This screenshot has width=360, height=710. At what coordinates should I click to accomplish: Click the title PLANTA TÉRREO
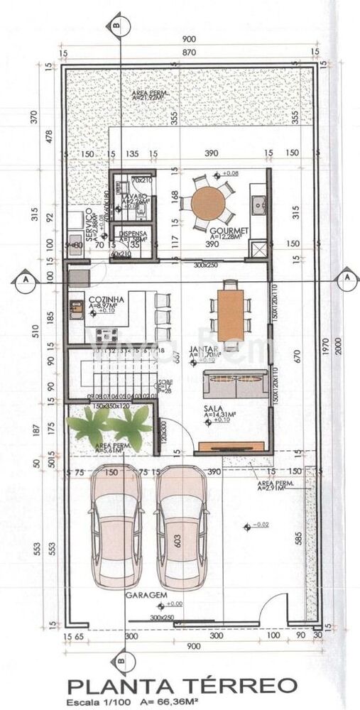pos(181,686)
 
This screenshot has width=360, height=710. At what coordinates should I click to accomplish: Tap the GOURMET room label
pos(228,231)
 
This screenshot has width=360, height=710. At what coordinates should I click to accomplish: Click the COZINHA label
pos(107,300)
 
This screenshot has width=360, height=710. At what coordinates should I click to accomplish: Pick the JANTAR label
pos(204,350)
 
